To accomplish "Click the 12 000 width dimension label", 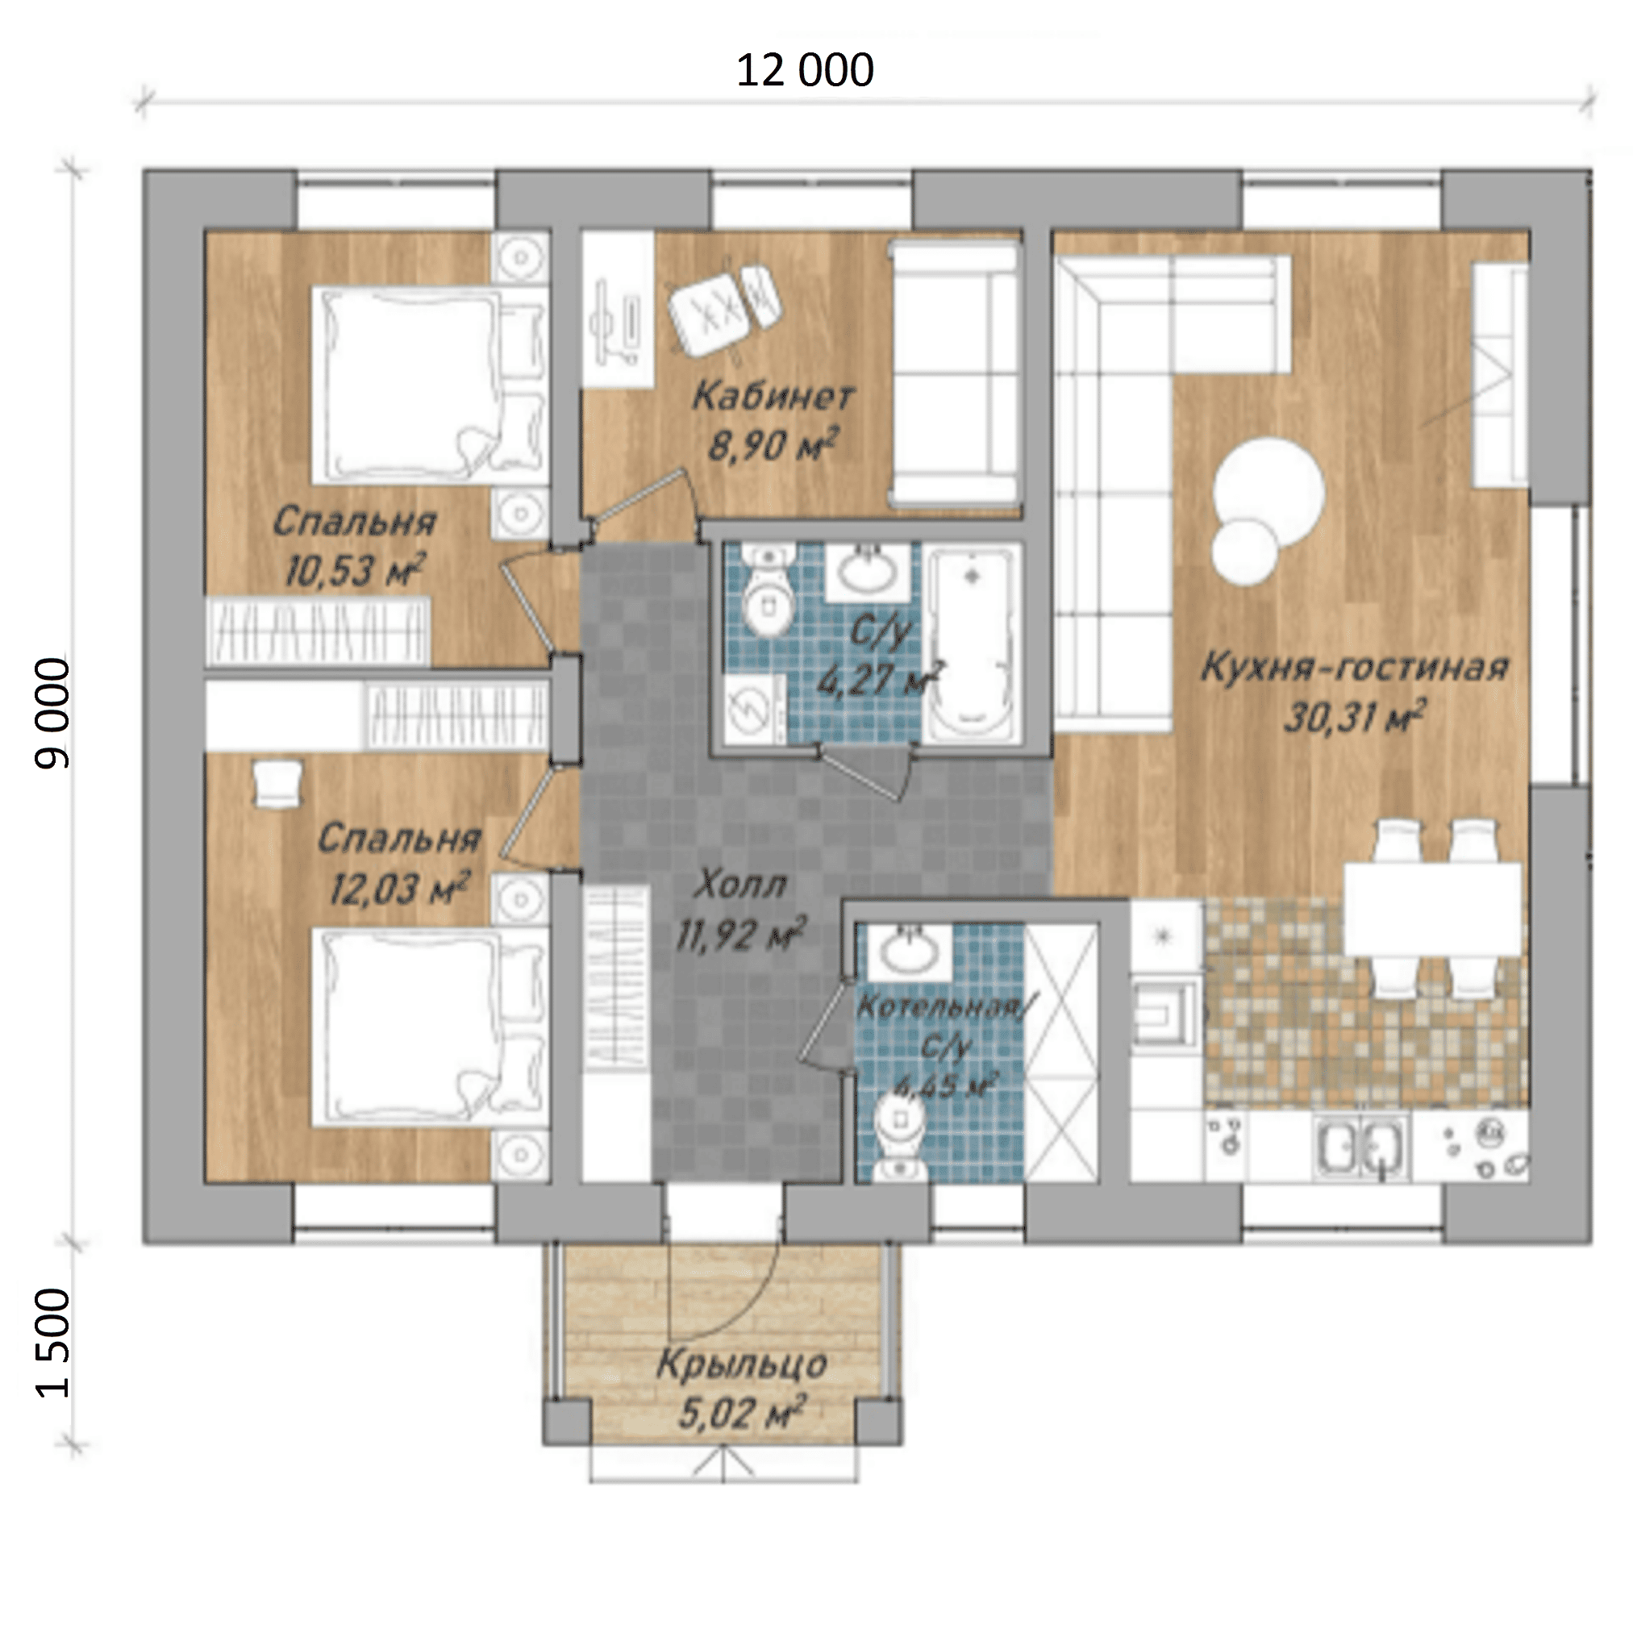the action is pyautogui.click(x=805, y=70).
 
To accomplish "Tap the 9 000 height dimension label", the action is pyautogui.click(x=52, y=714).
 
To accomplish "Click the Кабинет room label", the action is pyautogui.click(x=773, y=396).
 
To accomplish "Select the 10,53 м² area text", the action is pyautogui.click(x=353, y=570).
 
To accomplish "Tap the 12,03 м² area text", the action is pyautogui.click(x=398, y=889).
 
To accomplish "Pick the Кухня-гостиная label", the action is pyautogui.click(x=1355, y=667).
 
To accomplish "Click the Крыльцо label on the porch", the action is pyautogui.click(x=742, y=1364).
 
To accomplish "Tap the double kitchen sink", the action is pyautogui.click(x=1361, y=1145).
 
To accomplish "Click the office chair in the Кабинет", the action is pyautogui.click(x=723, y=305).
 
